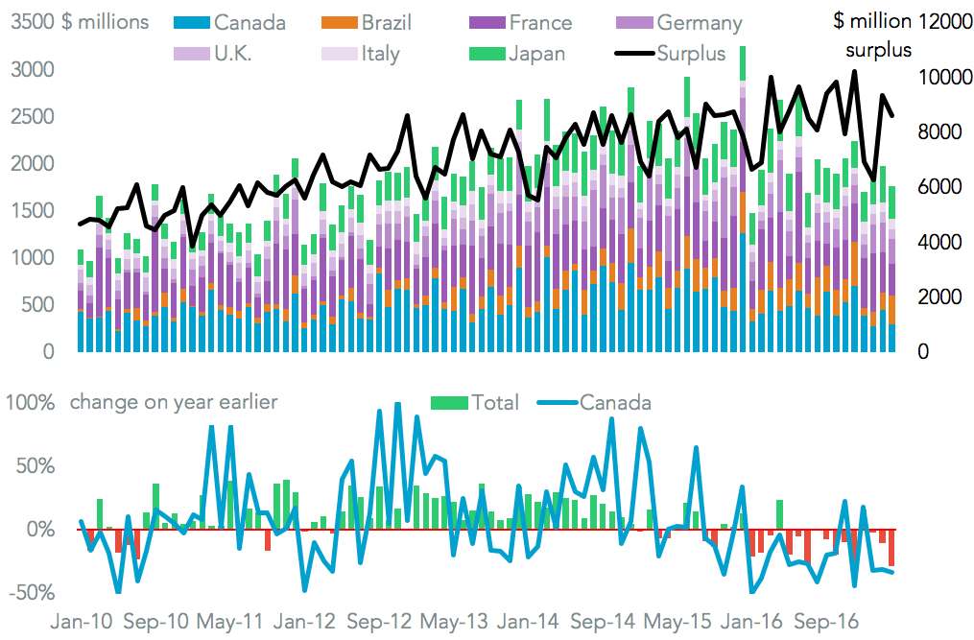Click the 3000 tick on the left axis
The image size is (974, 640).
point(34,69)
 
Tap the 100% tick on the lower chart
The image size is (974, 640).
point(34,402)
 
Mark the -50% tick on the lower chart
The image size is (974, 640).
point(34,592)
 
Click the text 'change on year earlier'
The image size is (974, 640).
point(174,402)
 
